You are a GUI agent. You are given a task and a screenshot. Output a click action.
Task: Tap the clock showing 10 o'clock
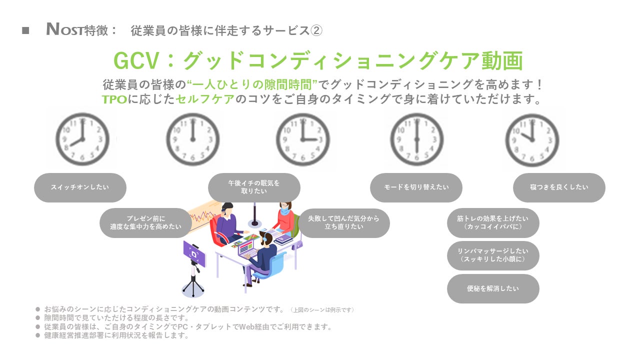[531, 139]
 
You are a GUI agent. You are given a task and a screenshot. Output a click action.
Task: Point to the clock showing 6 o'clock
[416, 139]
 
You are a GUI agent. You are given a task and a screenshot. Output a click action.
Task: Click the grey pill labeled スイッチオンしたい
[80, 187]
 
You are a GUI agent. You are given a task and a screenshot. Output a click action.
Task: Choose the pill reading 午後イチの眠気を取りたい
[254, 187]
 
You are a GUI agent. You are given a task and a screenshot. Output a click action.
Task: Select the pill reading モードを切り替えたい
[416, 187]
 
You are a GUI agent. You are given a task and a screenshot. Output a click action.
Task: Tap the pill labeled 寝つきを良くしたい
[559, 187]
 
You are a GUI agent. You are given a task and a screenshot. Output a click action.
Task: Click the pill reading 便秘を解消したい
[493, 288]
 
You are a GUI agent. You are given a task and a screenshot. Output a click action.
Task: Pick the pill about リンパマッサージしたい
[493, 255]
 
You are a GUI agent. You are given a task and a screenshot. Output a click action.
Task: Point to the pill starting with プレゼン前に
[145, 223]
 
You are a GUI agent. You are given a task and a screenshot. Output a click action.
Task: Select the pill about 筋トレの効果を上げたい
[493, 222]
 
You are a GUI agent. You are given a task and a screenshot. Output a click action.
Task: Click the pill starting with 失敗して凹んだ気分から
[343, 223]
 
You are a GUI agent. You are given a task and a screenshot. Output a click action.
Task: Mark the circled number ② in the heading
[316, 30]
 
